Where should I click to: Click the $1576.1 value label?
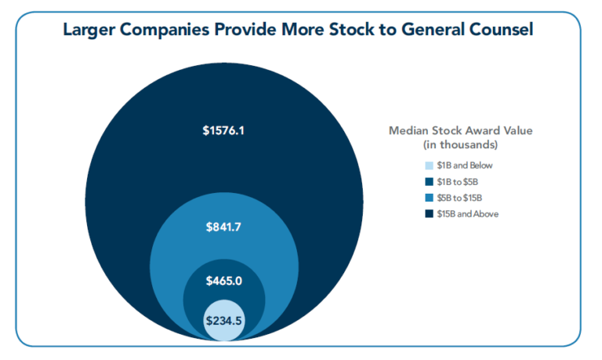(x=223, y=131)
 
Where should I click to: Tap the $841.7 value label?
(x=223, y=227)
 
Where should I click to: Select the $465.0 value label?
(x=224, y=281)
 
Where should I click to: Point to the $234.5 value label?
(x=224, y=321)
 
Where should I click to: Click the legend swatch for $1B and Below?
(x=429, y=165)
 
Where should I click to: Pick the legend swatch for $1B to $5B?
(x=429, y=182)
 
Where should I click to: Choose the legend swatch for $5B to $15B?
(x=429, y=198)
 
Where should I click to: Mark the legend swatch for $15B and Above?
(x=429, y=214)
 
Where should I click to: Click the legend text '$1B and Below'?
(x=465, y=165)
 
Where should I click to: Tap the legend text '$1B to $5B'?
(x=457, y=182)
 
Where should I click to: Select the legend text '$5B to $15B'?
(x=459, y=198)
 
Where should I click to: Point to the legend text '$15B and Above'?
(x=468, y=214)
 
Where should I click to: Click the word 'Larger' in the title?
(x=89, y=31)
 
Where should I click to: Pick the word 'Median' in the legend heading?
(x=408, y=131)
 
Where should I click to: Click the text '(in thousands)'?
(x=460, y=145)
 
